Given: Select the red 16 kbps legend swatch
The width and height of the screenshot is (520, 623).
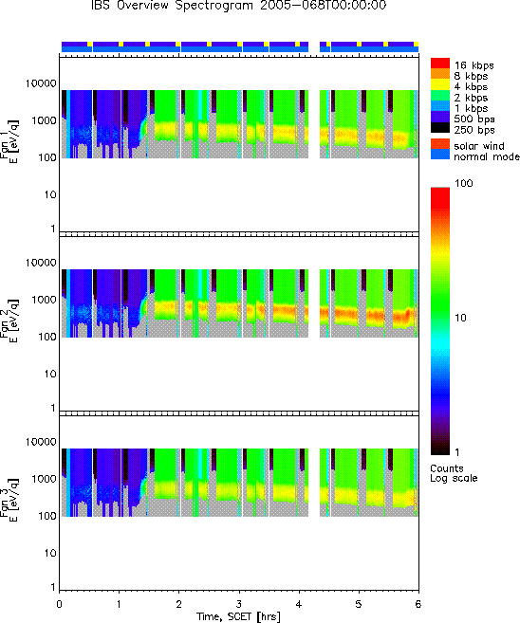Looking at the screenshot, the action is click(440, 64).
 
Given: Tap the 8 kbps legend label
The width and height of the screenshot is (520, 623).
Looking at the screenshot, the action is click(471, 76).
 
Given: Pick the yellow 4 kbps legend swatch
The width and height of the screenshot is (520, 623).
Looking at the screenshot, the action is click(440, 84).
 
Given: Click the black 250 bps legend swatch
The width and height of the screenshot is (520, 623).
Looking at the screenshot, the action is click(440, 128).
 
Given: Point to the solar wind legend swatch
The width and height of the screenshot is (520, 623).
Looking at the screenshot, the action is click(440, 144).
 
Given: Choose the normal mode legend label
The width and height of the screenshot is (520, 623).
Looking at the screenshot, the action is click(487, 156).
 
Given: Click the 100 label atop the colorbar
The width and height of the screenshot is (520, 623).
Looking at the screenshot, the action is click(464, 183).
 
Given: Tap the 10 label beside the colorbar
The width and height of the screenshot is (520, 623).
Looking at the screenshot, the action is click(460, 318).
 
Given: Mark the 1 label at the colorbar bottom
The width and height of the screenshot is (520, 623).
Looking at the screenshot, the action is click(457, 452).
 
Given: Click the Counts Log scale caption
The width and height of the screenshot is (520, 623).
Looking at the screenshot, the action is click(454, 473).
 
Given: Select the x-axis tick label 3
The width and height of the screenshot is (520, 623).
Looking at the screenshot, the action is click(238, 604).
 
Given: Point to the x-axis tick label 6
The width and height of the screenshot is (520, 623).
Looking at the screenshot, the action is click(418, 604).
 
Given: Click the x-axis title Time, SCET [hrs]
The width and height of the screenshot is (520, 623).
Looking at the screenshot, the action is click(238, 616).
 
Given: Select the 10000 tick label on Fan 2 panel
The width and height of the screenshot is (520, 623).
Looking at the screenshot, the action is click(41, 263).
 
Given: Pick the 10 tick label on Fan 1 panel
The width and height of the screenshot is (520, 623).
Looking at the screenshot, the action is click(50, 195).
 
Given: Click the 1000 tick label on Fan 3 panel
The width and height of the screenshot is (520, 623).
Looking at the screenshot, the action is click(45, 479).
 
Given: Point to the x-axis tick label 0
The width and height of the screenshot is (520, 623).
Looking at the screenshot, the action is click(59, 604).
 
